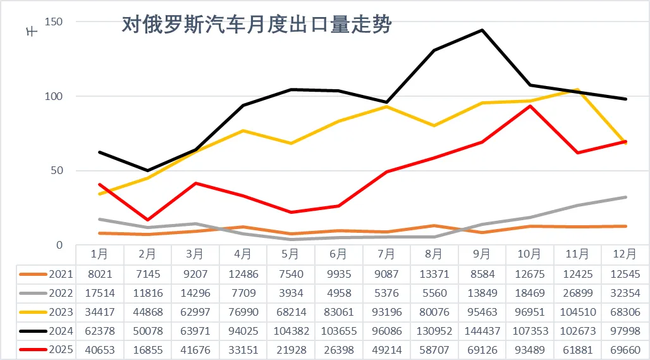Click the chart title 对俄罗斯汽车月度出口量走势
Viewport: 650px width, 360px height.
coord(257,25)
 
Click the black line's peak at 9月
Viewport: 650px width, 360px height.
coord(482,30)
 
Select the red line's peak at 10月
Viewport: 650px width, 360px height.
coord(530,106)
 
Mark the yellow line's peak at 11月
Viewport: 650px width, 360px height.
coord(577,90)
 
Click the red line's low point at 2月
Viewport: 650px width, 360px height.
coord(147,220)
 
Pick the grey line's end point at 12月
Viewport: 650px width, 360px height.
coord(625,197)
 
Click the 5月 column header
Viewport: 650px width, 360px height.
coord(290,254)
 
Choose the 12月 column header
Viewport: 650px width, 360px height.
coord(625,254)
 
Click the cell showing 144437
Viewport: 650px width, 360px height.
coord(482,330)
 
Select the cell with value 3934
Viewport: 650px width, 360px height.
coord(290,293)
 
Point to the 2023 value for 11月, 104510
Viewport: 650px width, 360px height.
coord(577,312)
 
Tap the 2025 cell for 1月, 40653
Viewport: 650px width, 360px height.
coord(99,349)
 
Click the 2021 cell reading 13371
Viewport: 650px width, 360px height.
coord(434,274)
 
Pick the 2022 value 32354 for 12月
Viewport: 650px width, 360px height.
coord(625,293)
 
